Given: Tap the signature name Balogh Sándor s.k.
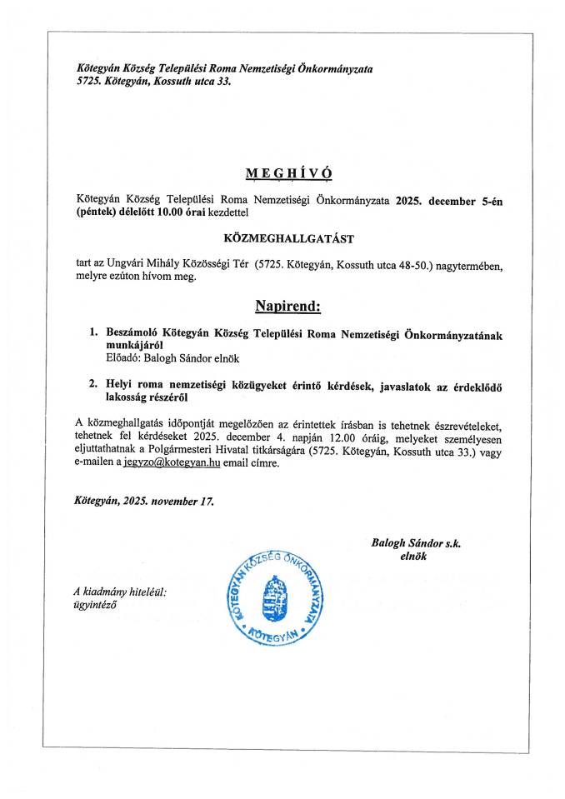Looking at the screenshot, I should click(x=416, y=542).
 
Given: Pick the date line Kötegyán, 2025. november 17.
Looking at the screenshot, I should click(x=143, y=502).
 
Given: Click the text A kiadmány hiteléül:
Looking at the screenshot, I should click(x=120, y=592).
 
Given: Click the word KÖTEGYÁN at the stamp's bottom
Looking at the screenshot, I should click(x=270, y=636).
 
